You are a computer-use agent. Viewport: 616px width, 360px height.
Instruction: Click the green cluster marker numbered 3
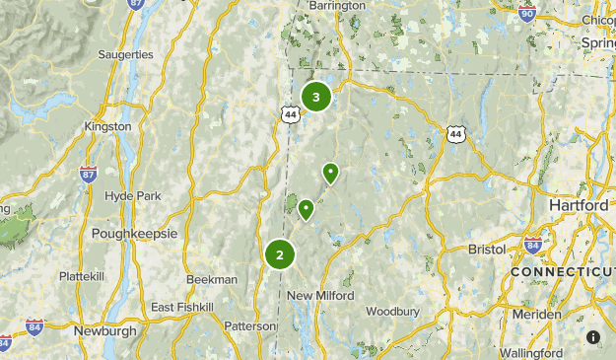tap(315, 98)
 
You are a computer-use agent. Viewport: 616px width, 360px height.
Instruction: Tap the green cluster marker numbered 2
tap(280, 254)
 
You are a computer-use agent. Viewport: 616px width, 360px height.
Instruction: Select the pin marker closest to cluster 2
tap(307, 209)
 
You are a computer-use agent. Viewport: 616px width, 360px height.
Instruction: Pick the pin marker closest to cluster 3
tap(331, 174)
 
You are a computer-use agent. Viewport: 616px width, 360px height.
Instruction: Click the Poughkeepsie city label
tap(134, 234)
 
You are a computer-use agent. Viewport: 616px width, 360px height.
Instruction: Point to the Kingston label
tap(108, 127)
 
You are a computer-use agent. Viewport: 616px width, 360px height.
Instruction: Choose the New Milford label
tap(320, 296)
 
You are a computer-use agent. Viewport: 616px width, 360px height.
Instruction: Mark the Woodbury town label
tap(392, 311)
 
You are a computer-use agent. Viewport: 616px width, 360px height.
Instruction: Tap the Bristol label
tap(486, 250)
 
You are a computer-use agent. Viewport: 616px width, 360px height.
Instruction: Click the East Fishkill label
tap(182, 308)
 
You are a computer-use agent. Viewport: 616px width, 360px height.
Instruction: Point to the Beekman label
tap(211, 279)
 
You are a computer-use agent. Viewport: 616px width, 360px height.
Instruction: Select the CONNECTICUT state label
tap(562, 271)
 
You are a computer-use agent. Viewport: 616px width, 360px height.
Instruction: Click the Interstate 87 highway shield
tap(88, 174)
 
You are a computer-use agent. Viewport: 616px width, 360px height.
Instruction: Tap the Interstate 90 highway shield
tap(526, 13)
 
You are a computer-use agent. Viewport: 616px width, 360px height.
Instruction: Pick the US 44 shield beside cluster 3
tap(290, 114)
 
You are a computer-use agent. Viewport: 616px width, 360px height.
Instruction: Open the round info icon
tap(593, 337)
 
